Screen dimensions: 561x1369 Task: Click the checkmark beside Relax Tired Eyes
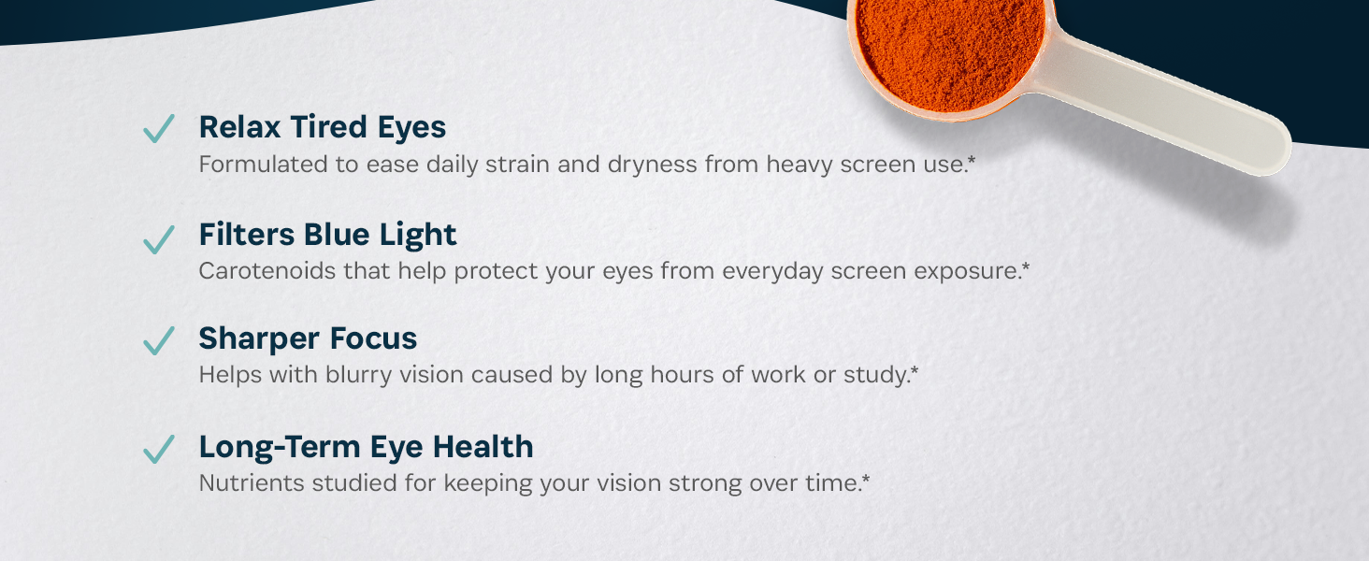(x=159, y=128)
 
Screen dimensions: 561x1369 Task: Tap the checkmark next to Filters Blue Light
(x=159, y=238)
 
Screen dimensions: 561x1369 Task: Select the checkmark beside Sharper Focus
(x=159, y=340)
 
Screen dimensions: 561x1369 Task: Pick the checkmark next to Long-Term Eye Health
(x=159, y=449)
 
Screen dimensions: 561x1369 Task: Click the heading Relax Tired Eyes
(x=323, y=127)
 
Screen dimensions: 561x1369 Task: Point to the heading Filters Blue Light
(x=327, y=235)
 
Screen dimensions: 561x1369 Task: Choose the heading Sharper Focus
(x=308, y=338)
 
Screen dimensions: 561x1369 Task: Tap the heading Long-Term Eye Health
(x=366, y=447)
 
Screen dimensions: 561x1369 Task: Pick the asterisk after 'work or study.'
(x=915, y=371)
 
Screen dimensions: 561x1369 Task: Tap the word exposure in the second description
(x=970, y=272)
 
